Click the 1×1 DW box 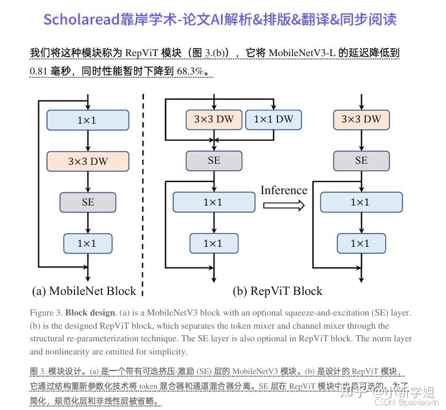273,119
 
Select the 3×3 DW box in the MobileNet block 87,161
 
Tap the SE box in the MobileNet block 88,202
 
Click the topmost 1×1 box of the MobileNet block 87,120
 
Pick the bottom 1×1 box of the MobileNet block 87,243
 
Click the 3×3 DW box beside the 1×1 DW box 214,119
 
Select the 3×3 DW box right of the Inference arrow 361,119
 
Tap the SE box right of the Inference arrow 361,161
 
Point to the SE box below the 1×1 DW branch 214,161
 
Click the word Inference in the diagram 284,191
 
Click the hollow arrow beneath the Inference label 284,206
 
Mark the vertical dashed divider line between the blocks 142,195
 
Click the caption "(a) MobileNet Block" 84,291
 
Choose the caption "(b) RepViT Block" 277,291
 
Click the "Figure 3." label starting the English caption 46,313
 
